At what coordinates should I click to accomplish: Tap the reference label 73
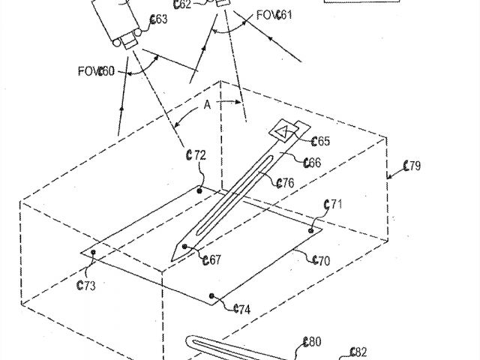[86, 285]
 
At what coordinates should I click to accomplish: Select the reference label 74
[241, 308]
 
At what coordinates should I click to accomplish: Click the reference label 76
[284, 182]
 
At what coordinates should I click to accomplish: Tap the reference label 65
[320, 141]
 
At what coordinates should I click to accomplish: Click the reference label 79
[412, 166]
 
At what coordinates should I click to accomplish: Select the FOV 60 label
[95, 72]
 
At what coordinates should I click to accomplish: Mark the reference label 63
[158, 19]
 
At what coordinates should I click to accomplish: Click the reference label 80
[311, 342]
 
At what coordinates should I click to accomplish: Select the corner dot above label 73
[93, 253]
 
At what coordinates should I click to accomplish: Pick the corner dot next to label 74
[213, 296]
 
